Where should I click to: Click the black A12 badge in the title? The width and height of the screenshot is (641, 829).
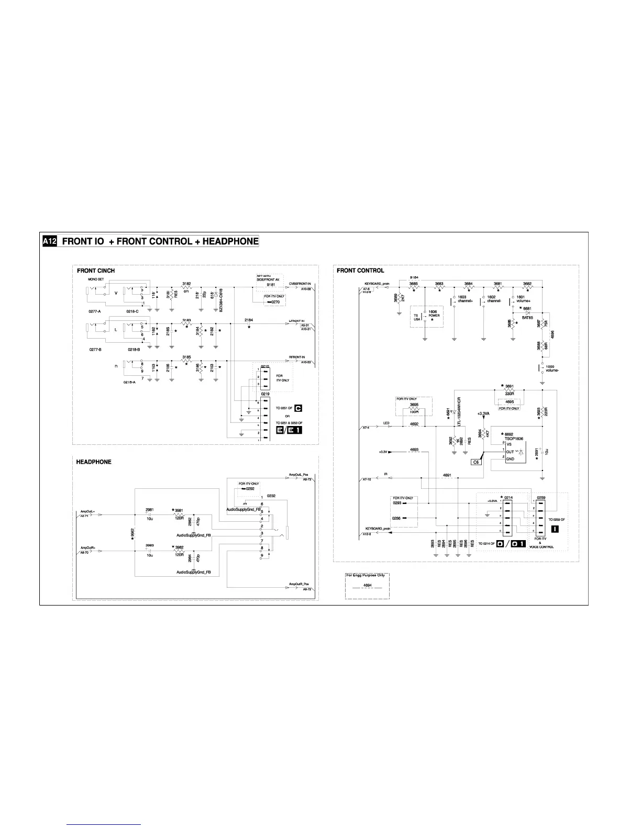tap(49, 241)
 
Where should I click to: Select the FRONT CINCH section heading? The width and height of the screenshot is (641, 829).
tap(96, 271)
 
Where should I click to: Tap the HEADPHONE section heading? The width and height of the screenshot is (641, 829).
tap(94, 462)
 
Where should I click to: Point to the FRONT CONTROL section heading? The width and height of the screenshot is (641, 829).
tap(360, 271)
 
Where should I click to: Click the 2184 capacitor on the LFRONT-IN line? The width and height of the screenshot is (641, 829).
tap(249, 320)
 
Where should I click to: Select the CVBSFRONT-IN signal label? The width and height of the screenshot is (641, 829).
tap(300, 284)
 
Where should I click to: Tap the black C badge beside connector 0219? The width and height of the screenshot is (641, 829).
tap(299, 408)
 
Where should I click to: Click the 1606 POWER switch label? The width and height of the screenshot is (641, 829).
tap(434, 314)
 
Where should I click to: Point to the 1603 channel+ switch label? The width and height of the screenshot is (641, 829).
tap(465, 299)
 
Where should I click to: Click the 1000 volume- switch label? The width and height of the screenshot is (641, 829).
tap(553, 368)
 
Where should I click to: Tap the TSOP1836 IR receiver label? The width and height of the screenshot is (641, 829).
tap(514, 439)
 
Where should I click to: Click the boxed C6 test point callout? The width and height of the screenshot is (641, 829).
tap(477, 462)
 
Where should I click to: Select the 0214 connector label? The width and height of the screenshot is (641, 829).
tap(508, 497)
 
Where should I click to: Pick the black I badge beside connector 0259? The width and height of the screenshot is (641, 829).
tap(555, 529)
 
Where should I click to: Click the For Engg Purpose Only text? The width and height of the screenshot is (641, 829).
tap(367, 575)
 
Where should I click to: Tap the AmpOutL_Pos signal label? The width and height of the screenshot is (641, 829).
tap(298, 475)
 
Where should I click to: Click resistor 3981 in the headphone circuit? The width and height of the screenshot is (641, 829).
tap(179, 511)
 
